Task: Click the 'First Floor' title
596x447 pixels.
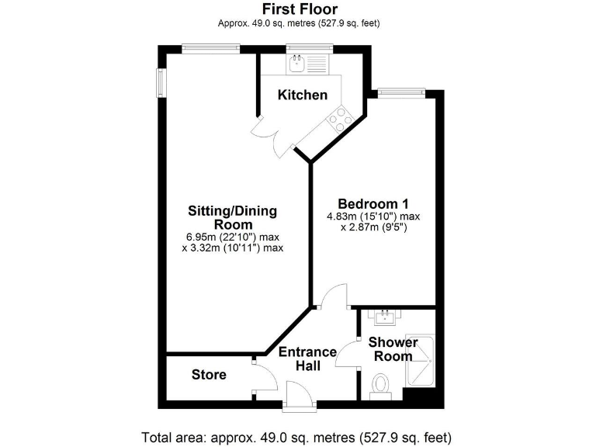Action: tap(298, 9)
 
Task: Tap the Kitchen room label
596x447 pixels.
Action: tap(303, 95)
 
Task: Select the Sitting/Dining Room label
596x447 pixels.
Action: tap(232, 217)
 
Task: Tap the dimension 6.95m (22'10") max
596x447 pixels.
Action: tap(232, 237)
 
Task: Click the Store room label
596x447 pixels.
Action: tap(209, 375)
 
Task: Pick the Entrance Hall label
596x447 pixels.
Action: tap(307, 359)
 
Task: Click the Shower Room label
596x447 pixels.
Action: tap(393, 349)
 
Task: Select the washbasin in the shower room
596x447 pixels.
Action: tap(385, 317)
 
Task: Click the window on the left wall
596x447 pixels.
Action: tap(161, 83)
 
